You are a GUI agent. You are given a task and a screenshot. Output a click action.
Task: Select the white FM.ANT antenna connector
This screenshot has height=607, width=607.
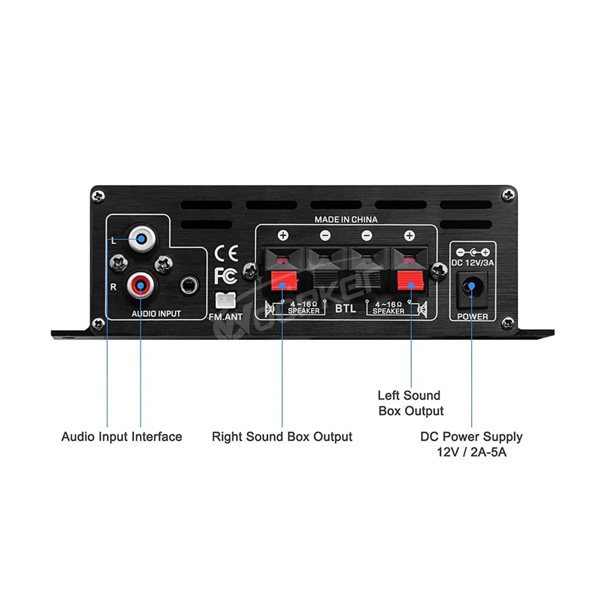[x=225, y=300]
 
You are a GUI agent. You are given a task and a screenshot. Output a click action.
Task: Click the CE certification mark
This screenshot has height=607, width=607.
[x=226, y=253]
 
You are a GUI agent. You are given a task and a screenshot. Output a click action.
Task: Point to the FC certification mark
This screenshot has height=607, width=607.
[x=226, y=276]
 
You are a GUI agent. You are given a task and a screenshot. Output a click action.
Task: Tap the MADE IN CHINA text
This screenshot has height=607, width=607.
[x=346, y=220]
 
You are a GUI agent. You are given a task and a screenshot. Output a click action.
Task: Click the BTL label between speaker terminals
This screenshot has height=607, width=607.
[x=346, y=308]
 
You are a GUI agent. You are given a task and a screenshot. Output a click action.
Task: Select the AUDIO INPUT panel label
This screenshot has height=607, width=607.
[x=156, y=314]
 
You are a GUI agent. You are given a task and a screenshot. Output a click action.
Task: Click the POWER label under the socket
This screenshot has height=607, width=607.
[x=472, y=316]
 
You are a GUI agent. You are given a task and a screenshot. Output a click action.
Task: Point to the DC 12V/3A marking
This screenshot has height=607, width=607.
[x=473, y=263]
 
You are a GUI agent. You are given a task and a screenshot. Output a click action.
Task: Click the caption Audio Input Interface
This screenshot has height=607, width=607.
[x=122, y=437]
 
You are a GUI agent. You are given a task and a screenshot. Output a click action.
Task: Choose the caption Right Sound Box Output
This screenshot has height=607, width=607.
[x=282, y=437]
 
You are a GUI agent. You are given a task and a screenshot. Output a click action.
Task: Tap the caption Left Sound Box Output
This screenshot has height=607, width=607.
[x=410, y=403]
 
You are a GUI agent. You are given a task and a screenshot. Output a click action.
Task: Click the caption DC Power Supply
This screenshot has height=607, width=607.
[x=472, y=437]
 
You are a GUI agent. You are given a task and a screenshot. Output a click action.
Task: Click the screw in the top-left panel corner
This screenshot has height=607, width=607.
[x=99, y=196]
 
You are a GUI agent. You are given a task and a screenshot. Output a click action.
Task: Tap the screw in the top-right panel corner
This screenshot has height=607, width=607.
[x=508, y=195]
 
